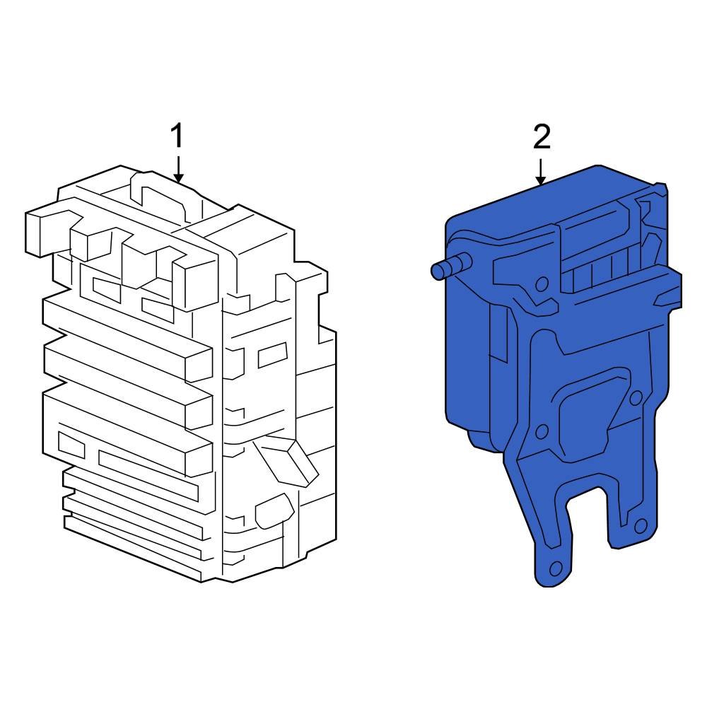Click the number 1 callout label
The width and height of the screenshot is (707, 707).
[177, 136]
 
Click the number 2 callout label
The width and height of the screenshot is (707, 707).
[542, 138]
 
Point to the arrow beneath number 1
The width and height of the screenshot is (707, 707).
[179, 170]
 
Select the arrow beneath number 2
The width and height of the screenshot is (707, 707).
[540, 172]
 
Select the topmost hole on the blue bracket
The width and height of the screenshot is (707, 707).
[542, 284]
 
